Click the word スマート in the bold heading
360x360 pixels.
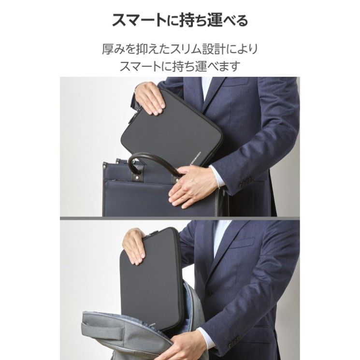pos(139,20)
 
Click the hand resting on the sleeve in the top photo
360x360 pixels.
pos(150,98)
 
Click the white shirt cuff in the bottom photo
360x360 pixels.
pos(204,337)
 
